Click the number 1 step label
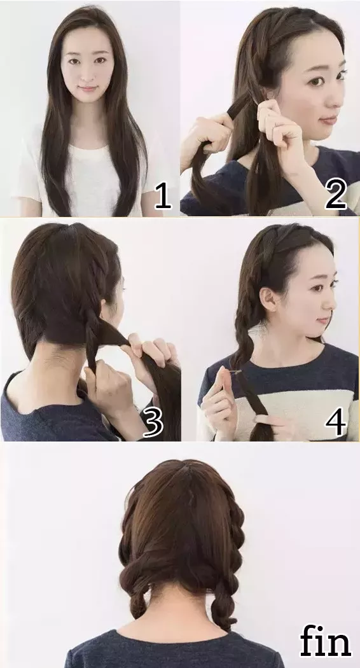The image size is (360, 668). [x=163, y=197]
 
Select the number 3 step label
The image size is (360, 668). [x=153, y=422]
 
